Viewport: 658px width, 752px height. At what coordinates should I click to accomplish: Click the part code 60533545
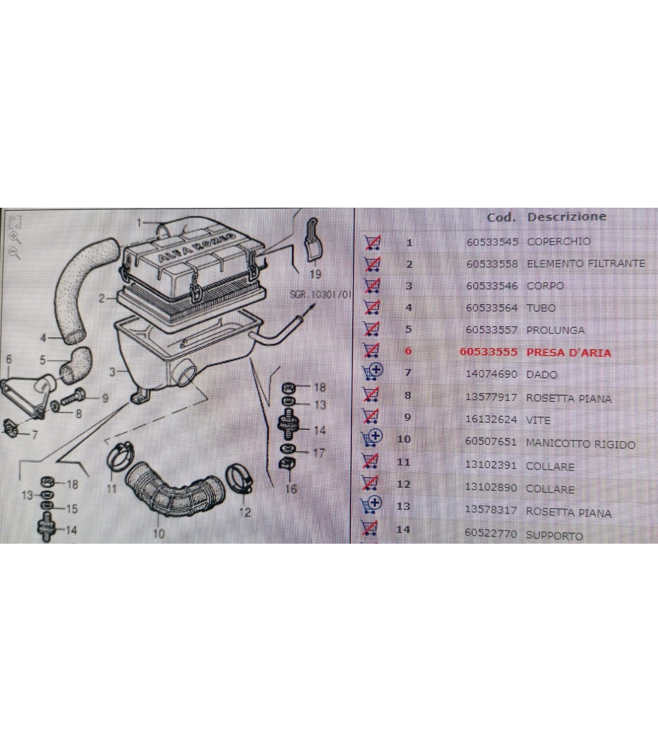click(492, 242)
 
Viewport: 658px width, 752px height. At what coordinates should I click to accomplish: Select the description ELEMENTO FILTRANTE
click(586, 264)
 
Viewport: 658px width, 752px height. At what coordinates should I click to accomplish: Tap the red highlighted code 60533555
click(489, 352)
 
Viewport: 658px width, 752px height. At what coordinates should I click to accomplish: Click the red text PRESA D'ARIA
click(568, 352)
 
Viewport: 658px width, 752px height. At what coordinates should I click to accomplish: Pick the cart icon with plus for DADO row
click(373, 372)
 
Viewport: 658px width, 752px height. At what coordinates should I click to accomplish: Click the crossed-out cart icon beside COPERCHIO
click(372, 243)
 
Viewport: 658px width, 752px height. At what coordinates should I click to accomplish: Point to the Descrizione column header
click(566, 217)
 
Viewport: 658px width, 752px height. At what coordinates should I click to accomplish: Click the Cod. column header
click(501, 218)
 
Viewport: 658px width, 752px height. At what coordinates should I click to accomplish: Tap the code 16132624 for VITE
click(491, 419)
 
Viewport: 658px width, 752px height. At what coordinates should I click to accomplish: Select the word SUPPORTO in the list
click(554, 535)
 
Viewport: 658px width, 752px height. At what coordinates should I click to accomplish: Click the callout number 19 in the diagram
click(315, 274)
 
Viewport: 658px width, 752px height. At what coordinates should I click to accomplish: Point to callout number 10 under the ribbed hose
click(158, 533)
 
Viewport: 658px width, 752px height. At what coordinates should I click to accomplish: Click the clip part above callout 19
click(312, 240)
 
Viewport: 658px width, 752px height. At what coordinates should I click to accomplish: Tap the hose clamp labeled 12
click(239, 478)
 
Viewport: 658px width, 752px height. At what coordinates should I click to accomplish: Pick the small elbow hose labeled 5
click(75, 365)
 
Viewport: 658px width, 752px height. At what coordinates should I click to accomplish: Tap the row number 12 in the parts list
click(404, 484)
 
